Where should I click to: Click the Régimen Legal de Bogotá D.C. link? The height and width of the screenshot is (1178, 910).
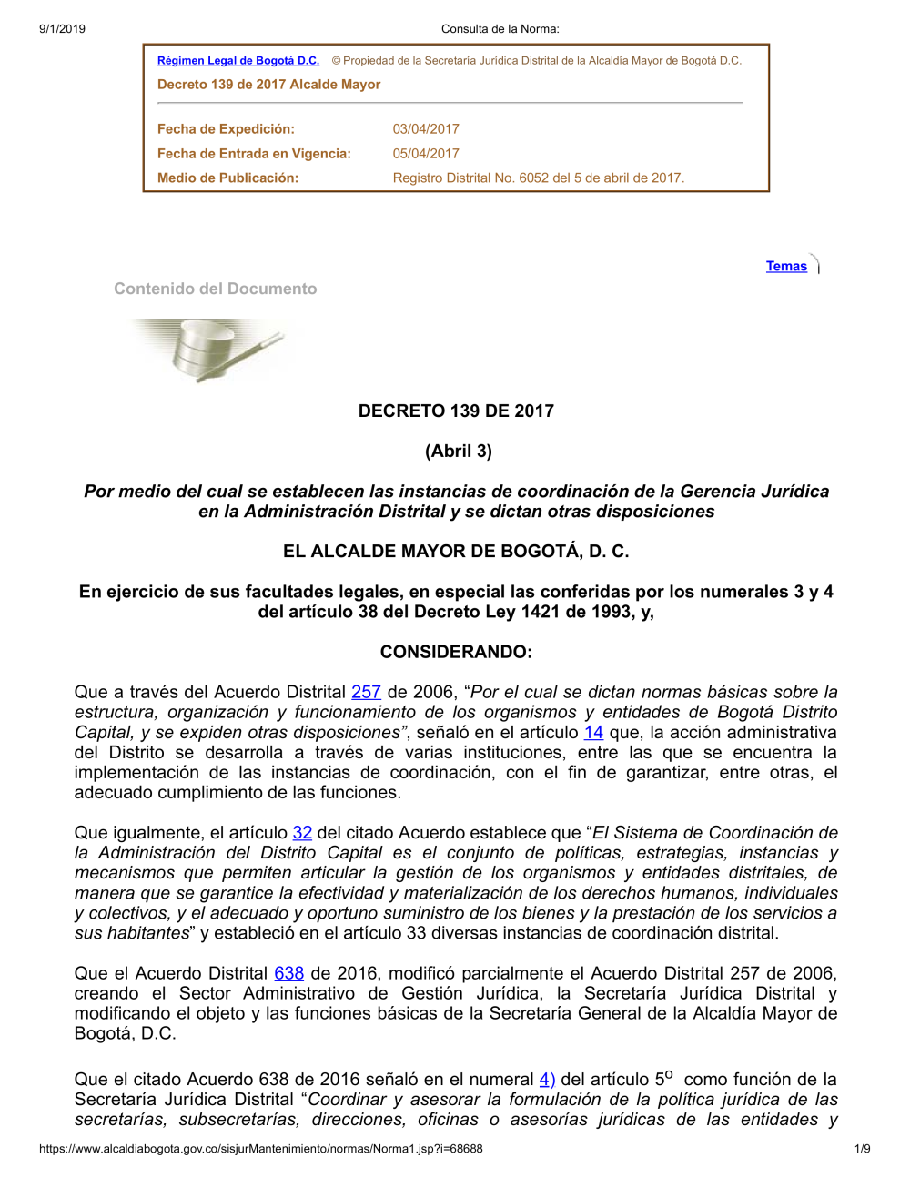pyautogui.click(x=238, y=61)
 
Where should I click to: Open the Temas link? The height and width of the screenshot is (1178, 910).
pyautogui.click(x=786, y=266)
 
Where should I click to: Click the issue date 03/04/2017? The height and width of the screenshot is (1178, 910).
pyautogui.click(x=426, y=129)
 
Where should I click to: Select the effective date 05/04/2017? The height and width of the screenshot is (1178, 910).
pyautogui.click(x=426, y=154)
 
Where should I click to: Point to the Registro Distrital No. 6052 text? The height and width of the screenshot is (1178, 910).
pyautogui.click(x=538, y=178)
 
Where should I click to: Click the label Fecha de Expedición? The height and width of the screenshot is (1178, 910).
pyautogui.click(x=226, y=129)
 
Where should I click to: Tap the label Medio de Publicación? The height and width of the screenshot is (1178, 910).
pyautogui.click(x=227, y=178)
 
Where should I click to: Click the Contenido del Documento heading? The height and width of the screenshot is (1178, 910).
pyautogui.click(x=216, y=289)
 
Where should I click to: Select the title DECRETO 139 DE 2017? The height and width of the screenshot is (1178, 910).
pyautogui.click(x=456, y=411)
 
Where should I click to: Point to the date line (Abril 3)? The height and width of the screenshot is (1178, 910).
pyautogui.click(x=459, y=451)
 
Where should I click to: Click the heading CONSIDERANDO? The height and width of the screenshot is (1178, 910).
pyautogui.click(x=456, y=652)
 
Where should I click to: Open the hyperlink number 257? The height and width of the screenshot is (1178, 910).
pyautogui.click(x=366, y=692)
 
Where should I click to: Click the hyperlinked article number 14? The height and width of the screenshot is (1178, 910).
pyautogui.click(x=593, y=732)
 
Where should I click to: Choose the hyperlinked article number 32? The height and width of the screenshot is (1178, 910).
pyautogui.click(x=302, y=832)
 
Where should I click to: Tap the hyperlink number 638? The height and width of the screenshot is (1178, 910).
pyautogui.click(x=289, y=973)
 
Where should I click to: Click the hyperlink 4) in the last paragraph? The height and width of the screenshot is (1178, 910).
pyautogui.click(x=547, y=1079)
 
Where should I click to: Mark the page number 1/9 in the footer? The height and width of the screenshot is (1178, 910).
pyautogui.click(x=863, y=1149)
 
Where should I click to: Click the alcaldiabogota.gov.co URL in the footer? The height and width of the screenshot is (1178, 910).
pyautogui.click(x=261, y=1149)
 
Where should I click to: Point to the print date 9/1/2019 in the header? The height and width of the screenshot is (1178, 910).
pyautogui.click(x=62, y=29)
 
